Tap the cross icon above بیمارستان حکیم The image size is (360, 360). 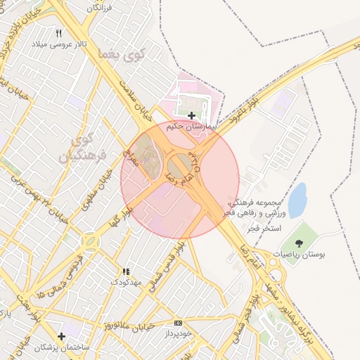[x=191, y=115]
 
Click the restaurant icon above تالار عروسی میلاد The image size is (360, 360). [x=59, y=33]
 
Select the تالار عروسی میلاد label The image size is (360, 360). [x=59, y=44]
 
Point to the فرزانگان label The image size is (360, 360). [x=104, y=8]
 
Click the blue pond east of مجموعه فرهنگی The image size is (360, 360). [x=297, y=200]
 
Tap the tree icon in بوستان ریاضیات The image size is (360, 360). [x=300, y=243]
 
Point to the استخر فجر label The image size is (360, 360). [x=264, y=230]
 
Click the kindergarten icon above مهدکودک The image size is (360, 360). [x=126, y=271]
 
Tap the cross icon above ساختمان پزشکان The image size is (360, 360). [x=61, y=336]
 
